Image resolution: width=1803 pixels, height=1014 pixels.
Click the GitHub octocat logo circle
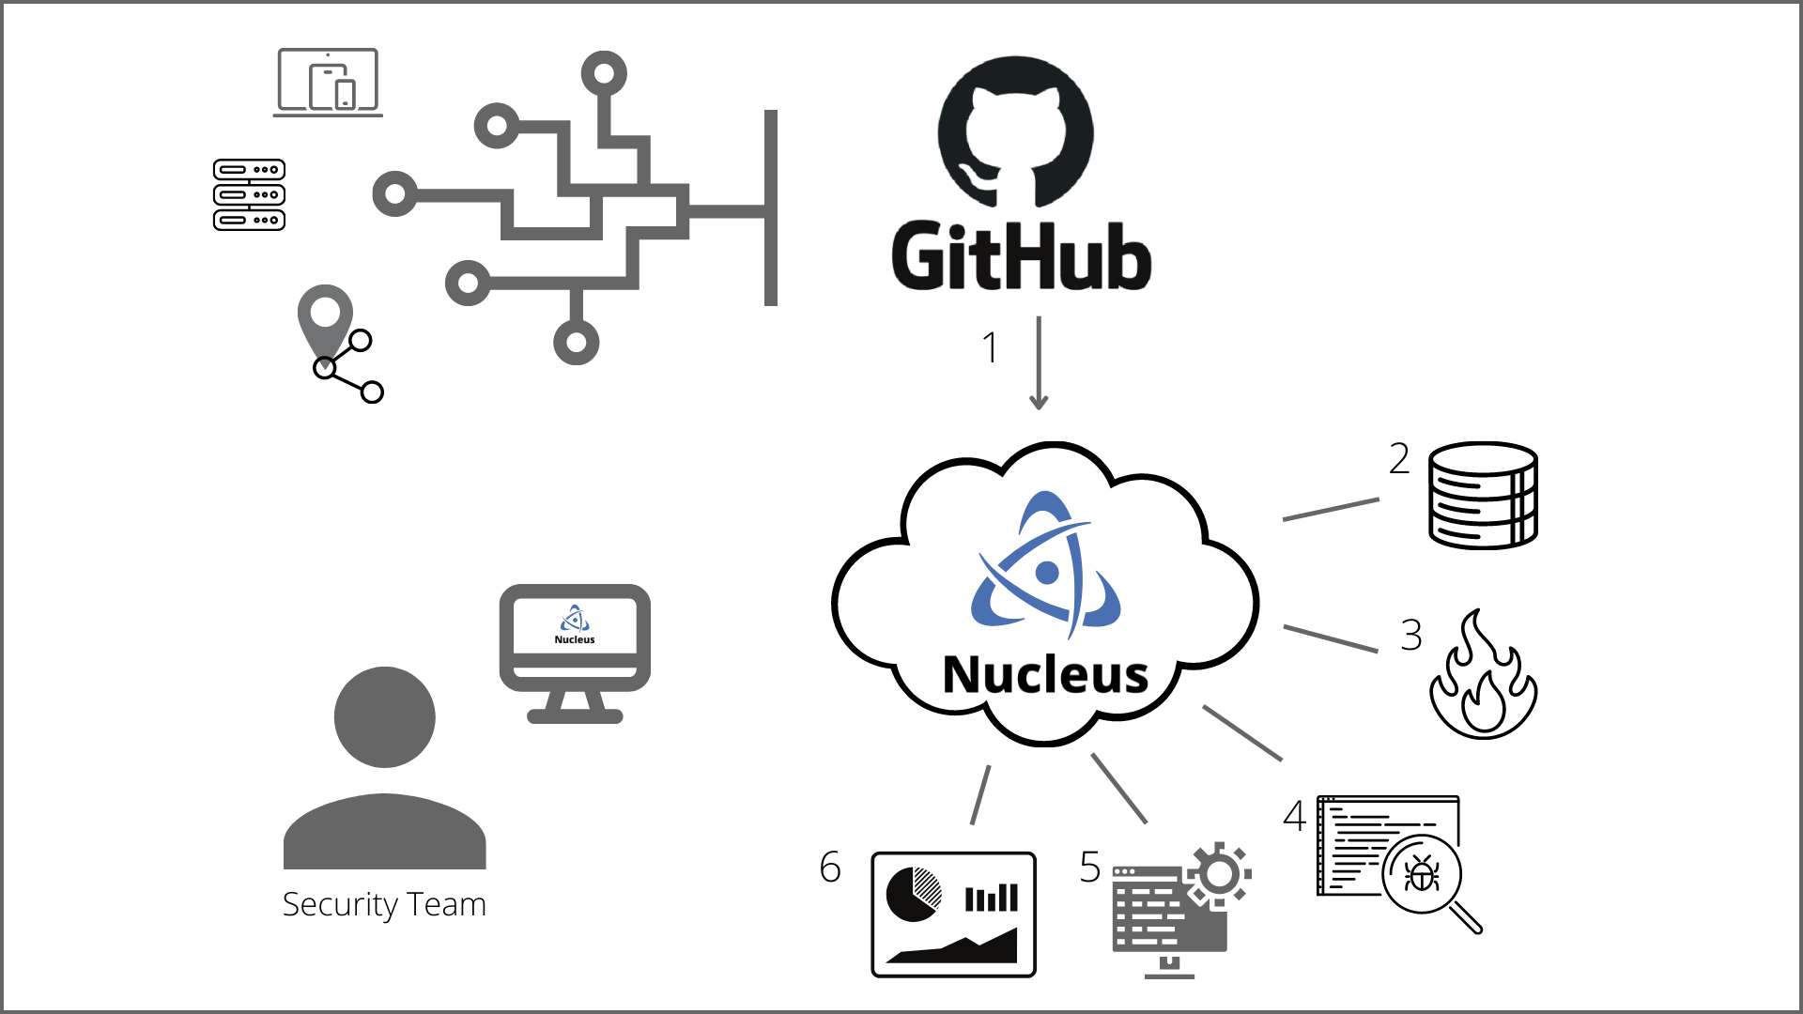point(1015,132)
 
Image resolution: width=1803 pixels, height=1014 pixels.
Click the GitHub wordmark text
point(1021,256)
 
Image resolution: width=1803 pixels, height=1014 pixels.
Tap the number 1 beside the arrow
point(990,347)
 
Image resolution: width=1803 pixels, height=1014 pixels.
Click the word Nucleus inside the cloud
point(1044,675)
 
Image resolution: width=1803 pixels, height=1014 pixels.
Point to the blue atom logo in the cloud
point(1044,567)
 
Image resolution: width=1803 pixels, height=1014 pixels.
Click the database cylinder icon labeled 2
point(1482,496)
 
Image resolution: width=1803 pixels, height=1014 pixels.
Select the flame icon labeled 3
point(1482,676)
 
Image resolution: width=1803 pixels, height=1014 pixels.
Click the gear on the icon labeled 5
point(1219,875)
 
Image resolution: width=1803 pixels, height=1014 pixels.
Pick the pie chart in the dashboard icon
point(913,893)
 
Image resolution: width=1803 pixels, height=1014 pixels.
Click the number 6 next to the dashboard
point(830,867)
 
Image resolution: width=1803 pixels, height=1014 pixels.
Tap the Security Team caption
point(384,904)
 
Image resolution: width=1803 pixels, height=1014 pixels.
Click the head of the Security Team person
point(384,717)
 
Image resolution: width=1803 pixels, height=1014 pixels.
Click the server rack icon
point(249,195)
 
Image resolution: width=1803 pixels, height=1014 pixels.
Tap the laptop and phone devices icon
point(328,82)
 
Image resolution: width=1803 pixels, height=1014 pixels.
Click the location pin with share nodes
point(336,343)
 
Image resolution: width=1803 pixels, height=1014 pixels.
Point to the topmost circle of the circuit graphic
point(604,73)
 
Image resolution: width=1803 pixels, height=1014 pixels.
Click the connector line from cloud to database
point(1331,509)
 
